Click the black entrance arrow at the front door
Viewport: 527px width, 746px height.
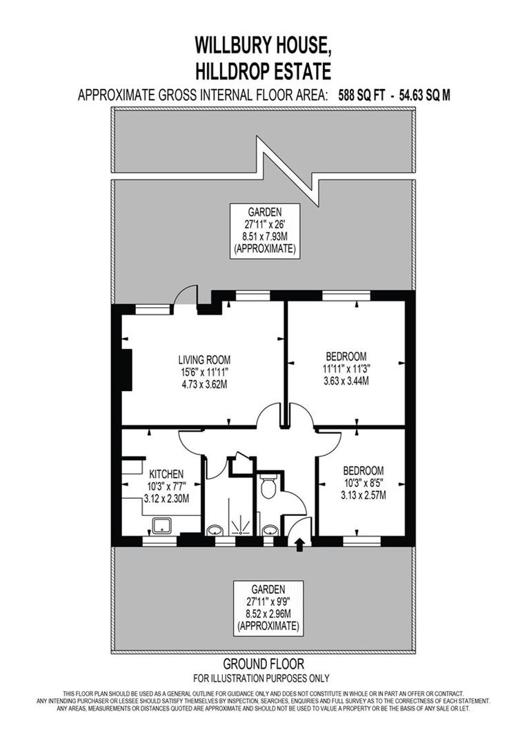click(300, 545)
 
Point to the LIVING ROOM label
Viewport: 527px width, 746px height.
click(204, 360)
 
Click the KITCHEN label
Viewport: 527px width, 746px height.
click(167, 474)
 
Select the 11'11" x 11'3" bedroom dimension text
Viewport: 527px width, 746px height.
click(346, 368)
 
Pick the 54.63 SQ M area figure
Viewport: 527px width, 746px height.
click(423, 95)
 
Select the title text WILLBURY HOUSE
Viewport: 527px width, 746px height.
click(263, 46)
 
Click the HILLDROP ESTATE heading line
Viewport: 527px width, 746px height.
click(263, 70)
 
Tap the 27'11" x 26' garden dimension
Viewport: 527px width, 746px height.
click(265, 224)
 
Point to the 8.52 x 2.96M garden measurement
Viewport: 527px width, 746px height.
click(268, 613)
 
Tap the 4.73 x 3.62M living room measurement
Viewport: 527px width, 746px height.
click(204, 384)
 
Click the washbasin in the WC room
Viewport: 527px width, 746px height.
click(270, 530)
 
